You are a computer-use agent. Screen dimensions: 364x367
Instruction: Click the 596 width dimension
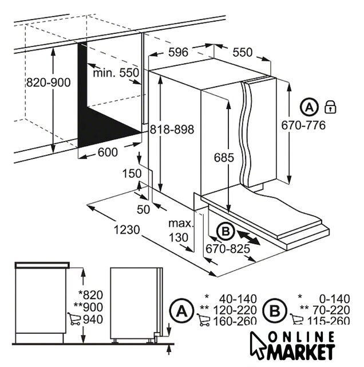pyautogui.click(x=178, y=52)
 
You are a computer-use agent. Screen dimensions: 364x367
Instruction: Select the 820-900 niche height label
pyautogui.click(x=48, y=83)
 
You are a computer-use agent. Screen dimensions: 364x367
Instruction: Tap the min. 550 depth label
pyautogui.click(x=116, y=73)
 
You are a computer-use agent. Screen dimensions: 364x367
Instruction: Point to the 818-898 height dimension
pyautogui.click(x=172, y=129)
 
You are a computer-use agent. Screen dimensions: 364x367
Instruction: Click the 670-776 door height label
pyautogui.click(x=303, y=125)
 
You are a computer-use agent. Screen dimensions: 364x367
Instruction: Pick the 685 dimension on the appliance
pyautogui.click(x=224, y=158)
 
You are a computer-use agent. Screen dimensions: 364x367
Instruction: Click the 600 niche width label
pyautogui.click(x=108, y=153)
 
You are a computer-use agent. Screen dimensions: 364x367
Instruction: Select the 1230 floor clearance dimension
pyautogui.click(x=127, y=229)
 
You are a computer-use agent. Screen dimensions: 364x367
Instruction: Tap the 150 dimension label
pyautogui.click(x=132, y=174)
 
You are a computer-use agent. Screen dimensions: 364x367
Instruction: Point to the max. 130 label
pyautogui.click(x=181, y=231)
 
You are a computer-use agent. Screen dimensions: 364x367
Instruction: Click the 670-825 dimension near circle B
pyautogui.click(x=228, y=249)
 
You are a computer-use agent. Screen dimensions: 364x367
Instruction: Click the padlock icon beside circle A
pyautogui.click(x=331, y=107)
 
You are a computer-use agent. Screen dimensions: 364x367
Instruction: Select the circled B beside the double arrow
pyautogui.click(x=225, y=232)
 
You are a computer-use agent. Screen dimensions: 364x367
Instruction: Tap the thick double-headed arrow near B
pyautogui.click(x=248, y=237)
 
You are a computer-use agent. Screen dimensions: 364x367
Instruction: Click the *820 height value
pyautogui.click(x=90, y=295)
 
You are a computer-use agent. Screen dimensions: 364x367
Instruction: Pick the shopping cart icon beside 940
pyautogui.click(x=74, y=319)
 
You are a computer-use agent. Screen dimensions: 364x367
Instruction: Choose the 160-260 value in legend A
pyautogui.click(x=235, y=321)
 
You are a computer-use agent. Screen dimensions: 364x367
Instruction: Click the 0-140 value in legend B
pyautogui.click(x=335, y=299)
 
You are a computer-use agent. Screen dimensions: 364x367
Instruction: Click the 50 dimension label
pyautogui.click(x=143, y=209)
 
